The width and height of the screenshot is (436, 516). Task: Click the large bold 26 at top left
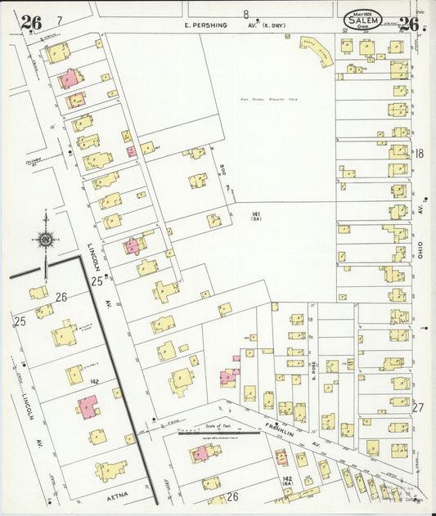(x=31, y=23)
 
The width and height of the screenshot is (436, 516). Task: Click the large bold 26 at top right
(x=409, y=23)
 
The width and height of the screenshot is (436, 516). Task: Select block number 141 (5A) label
(x=256, y=215)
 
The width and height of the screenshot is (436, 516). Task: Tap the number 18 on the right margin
(x=419, y=153)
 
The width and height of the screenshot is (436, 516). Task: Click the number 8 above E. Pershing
(x=245, y=14)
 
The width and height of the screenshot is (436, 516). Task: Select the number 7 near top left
(x=59, y=20)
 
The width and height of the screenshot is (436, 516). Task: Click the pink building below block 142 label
(x=87, y=406)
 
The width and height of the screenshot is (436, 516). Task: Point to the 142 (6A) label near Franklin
(x=287, y=480)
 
